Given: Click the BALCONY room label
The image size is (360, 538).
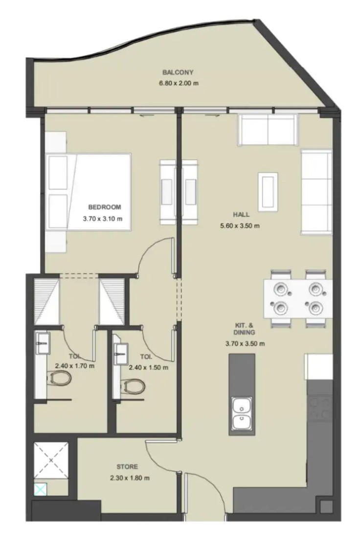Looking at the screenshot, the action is point(178,72).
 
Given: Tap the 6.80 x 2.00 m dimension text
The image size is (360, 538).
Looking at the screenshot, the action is point(179,83).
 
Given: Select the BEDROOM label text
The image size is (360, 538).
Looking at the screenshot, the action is point(105,207).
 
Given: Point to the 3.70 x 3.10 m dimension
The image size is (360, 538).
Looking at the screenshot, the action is point(103,218).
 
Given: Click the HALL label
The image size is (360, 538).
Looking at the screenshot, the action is point(241,215).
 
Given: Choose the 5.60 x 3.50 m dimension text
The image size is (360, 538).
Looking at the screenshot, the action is point(240,226).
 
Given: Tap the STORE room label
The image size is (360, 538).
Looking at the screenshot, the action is point(127,467).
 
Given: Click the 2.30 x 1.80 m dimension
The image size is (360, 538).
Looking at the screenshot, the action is point(130,478).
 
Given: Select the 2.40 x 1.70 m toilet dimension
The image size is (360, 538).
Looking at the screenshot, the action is point(75,366).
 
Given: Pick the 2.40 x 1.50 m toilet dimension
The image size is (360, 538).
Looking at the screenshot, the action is point(149,367).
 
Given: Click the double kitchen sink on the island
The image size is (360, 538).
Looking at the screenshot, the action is point(242,413).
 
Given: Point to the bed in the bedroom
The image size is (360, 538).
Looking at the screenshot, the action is point(89,191).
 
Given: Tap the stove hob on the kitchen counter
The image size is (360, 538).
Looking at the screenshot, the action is point(320,408).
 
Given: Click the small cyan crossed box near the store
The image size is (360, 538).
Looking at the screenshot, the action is point(40,489).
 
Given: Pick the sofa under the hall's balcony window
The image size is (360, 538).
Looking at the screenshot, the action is point(267,130).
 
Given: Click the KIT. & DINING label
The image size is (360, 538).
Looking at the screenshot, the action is point(245,329).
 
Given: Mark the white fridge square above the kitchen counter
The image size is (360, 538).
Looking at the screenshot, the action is point(319,367).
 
